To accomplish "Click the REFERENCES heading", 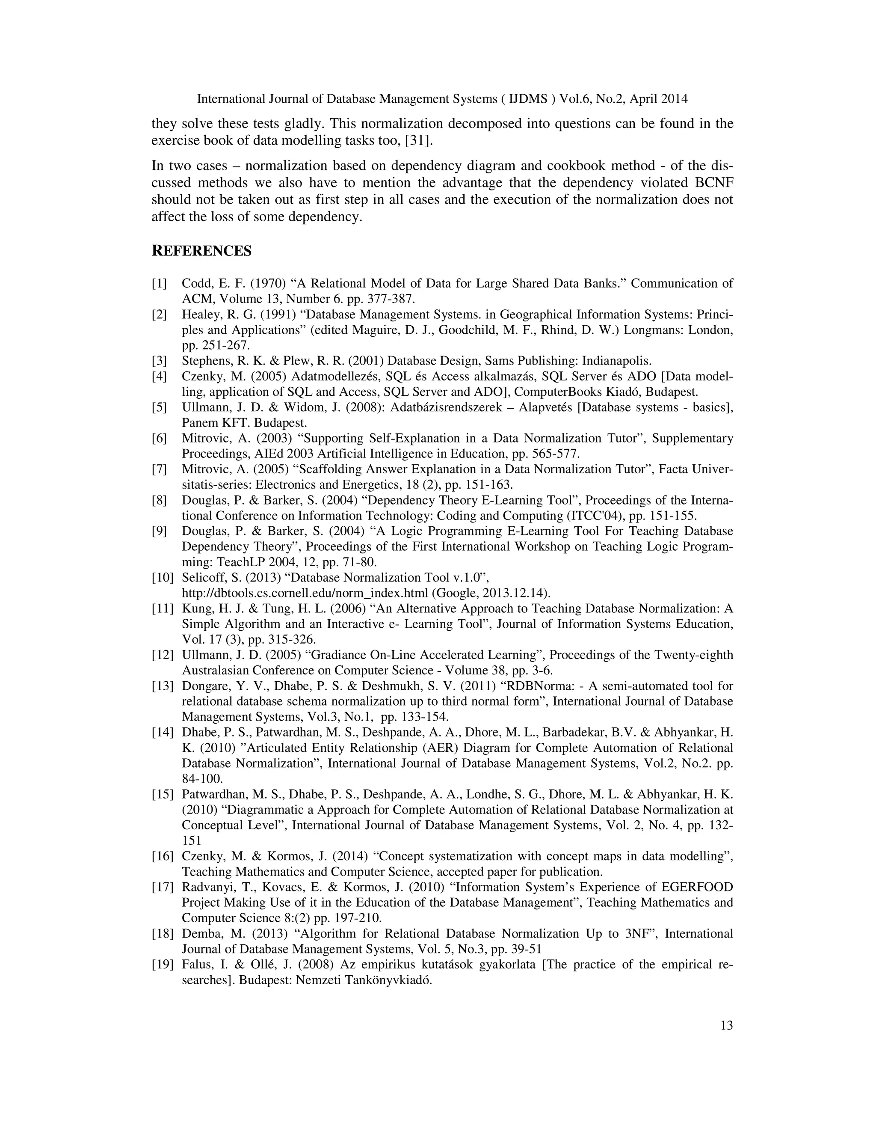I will pos(201,251).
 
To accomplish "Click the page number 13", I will pos(727,1025).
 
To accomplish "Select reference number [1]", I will pos(159,283).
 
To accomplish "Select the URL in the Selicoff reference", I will pos(305,594).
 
